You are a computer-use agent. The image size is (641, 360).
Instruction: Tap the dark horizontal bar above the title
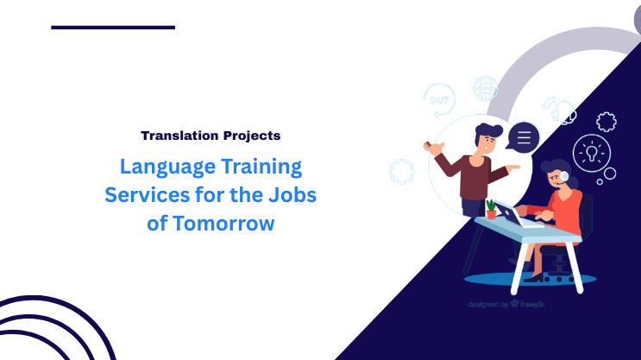pos(113,28)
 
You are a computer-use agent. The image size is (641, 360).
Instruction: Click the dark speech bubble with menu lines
pos(523,136)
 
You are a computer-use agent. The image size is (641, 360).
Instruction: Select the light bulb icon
pos(592,152)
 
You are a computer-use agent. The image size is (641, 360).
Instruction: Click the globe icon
pos(486,89)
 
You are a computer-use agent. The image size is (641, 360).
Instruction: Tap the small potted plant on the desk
pos(491,208)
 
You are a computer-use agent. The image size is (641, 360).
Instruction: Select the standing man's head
pos(489,137)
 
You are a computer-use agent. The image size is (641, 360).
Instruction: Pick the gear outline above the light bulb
pos(606,122)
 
